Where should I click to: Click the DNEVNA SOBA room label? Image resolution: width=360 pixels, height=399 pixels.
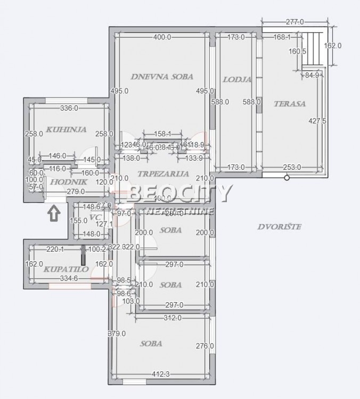[161, 76]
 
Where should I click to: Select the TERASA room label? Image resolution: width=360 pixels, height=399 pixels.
[290, 104]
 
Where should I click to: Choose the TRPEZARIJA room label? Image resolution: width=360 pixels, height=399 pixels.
[163, 174]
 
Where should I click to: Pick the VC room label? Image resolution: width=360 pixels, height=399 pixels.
[95, 217]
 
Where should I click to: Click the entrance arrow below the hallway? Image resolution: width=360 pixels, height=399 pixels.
[54, 214]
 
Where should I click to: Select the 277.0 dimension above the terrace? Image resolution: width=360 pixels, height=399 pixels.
[294, 22]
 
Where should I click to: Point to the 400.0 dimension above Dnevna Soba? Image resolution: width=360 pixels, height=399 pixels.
[162, 37]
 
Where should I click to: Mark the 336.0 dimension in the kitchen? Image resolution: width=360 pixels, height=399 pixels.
[69, 109]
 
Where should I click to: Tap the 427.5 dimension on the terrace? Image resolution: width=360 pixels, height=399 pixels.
[317, 121]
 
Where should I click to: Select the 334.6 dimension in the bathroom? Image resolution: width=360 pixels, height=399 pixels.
[68, 278]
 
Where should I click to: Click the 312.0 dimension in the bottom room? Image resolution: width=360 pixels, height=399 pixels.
[173, 318]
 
